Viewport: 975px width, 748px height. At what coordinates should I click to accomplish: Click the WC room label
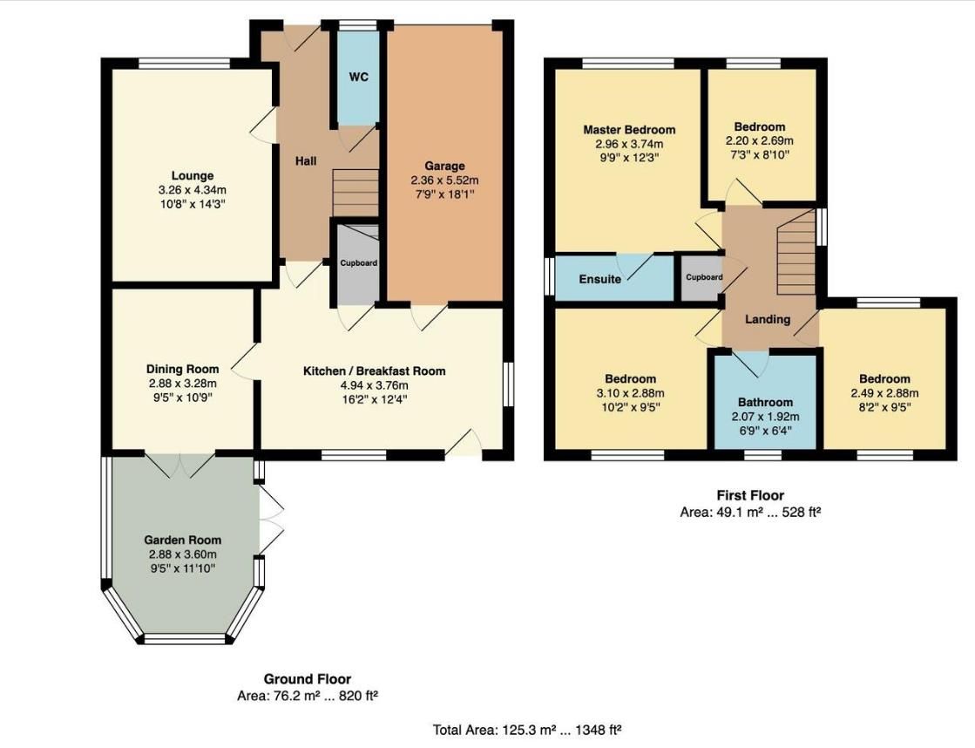click(359, 77)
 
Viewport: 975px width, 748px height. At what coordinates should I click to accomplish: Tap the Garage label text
click(444, 166)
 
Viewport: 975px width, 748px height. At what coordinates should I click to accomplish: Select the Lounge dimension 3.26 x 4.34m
click(193, 190)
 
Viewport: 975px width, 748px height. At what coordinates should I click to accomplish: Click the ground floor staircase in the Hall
click(355, 191)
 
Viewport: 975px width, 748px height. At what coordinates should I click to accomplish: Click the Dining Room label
click(182, 369)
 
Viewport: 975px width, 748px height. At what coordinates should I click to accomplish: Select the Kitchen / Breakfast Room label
click(374, 371)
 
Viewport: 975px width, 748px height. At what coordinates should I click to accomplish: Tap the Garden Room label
click(182, 540)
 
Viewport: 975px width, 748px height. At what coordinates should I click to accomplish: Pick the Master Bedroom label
click(629, 130)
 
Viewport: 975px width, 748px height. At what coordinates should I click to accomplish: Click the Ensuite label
click(600, 279)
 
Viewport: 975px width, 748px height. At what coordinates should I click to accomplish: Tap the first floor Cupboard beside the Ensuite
click(703, 278)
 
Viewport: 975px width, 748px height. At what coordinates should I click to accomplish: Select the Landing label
click(767, 319)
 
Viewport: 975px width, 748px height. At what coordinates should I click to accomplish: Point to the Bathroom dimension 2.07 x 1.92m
click(766, 417)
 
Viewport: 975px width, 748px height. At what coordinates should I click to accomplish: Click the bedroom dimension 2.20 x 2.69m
click(759, 140)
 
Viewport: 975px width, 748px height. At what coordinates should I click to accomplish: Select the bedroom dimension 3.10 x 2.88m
click(631, 393)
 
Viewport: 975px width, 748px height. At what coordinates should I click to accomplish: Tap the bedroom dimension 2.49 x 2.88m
click(884, 393)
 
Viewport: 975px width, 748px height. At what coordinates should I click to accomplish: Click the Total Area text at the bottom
click(527, 730)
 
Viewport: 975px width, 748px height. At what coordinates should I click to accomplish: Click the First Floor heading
click(750, 496)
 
